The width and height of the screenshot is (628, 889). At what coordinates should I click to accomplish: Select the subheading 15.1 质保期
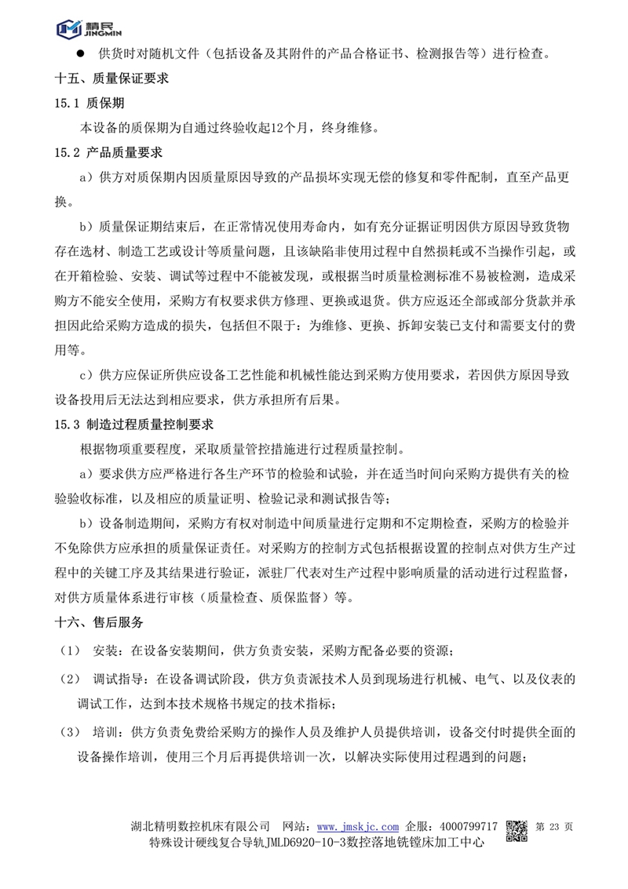[89, 104]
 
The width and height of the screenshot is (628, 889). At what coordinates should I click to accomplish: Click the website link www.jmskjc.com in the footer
[358, 827]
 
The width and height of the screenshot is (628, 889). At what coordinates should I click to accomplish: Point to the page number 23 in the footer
[555, 827]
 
